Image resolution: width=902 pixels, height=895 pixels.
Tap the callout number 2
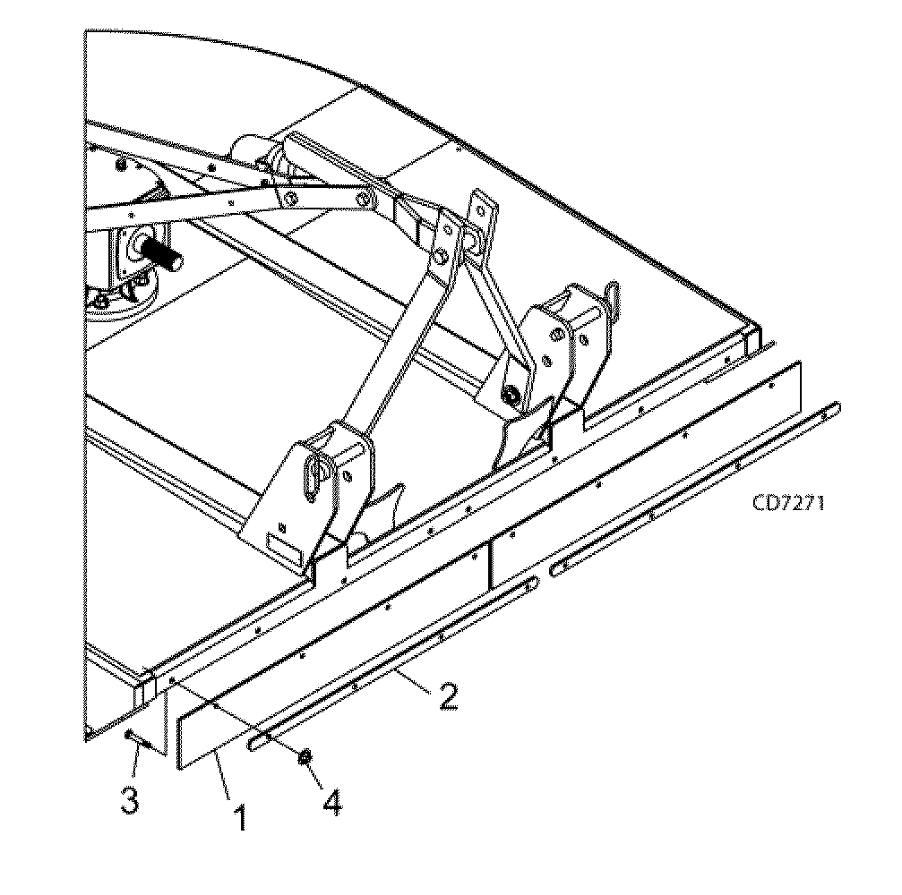coord(445,695)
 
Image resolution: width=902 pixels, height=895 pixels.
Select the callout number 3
coord(130,799)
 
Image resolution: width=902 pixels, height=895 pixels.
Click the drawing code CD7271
coord(788,502)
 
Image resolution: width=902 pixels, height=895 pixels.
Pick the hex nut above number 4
coord(305,758)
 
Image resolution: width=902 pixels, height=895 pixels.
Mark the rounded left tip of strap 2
coord(255,742)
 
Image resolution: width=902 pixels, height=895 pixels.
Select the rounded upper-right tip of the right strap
coord(835,407)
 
